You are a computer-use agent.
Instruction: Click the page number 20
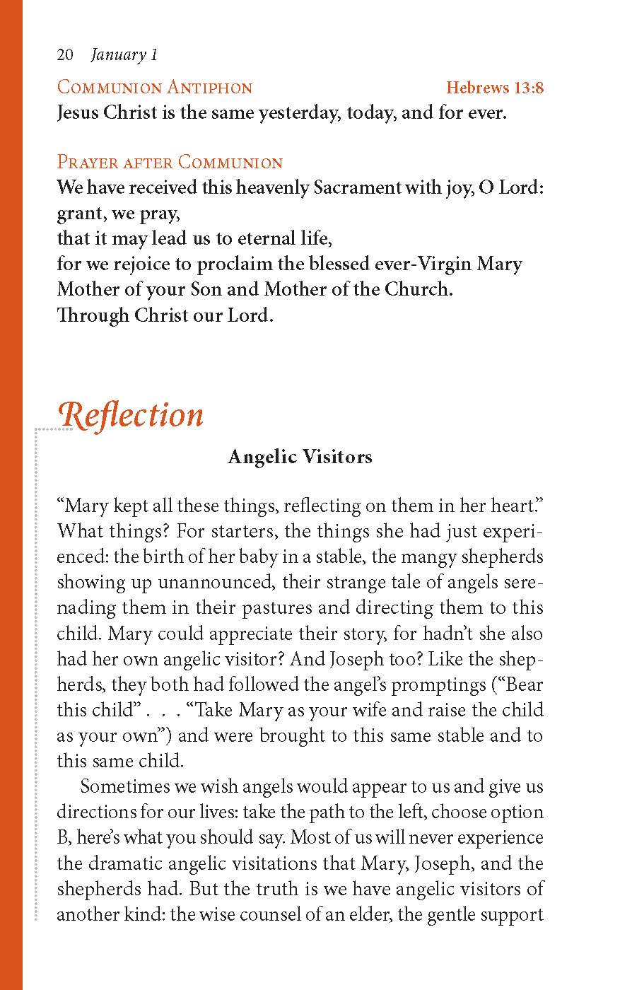click(65, 55)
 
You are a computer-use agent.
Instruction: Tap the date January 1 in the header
click(124, 55)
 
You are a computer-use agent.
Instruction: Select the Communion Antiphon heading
click(154, 88)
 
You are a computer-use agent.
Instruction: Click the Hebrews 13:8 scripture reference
click(495, 88)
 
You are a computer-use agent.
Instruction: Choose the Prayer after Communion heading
click(170, 162)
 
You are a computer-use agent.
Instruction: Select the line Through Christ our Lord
click(165, 315)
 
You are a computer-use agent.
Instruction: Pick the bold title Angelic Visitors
click(300, 457)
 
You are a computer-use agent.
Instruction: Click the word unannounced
click(217, 582)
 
